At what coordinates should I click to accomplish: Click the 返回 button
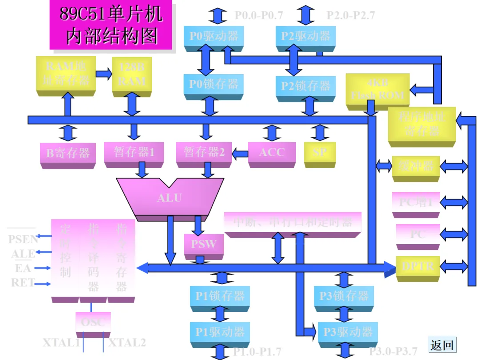442,344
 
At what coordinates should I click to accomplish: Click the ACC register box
272,152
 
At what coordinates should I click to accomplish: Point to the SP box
320,152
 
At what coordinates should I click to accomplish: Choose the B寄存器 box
68,153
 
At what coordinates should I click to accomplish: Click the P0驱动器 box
214,36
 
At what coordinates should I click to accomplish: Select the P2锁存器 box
306,85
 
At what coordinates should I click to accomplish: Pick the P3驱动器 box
348,332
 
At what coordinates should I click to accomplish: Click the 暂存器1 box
134,152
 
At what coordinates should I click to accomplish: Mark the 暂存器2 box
204,152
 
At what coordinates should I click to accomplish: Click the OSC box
93,322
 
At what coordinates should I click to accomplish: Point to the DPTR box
418,267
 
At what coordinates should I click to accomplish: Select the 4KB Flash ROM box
378,89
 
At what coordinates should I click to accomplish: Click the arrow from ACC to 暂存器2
240,154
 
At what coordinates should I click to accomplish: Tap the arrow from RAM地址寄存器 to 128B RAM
104,74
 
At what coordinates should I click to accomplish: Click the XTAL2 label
127,343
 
